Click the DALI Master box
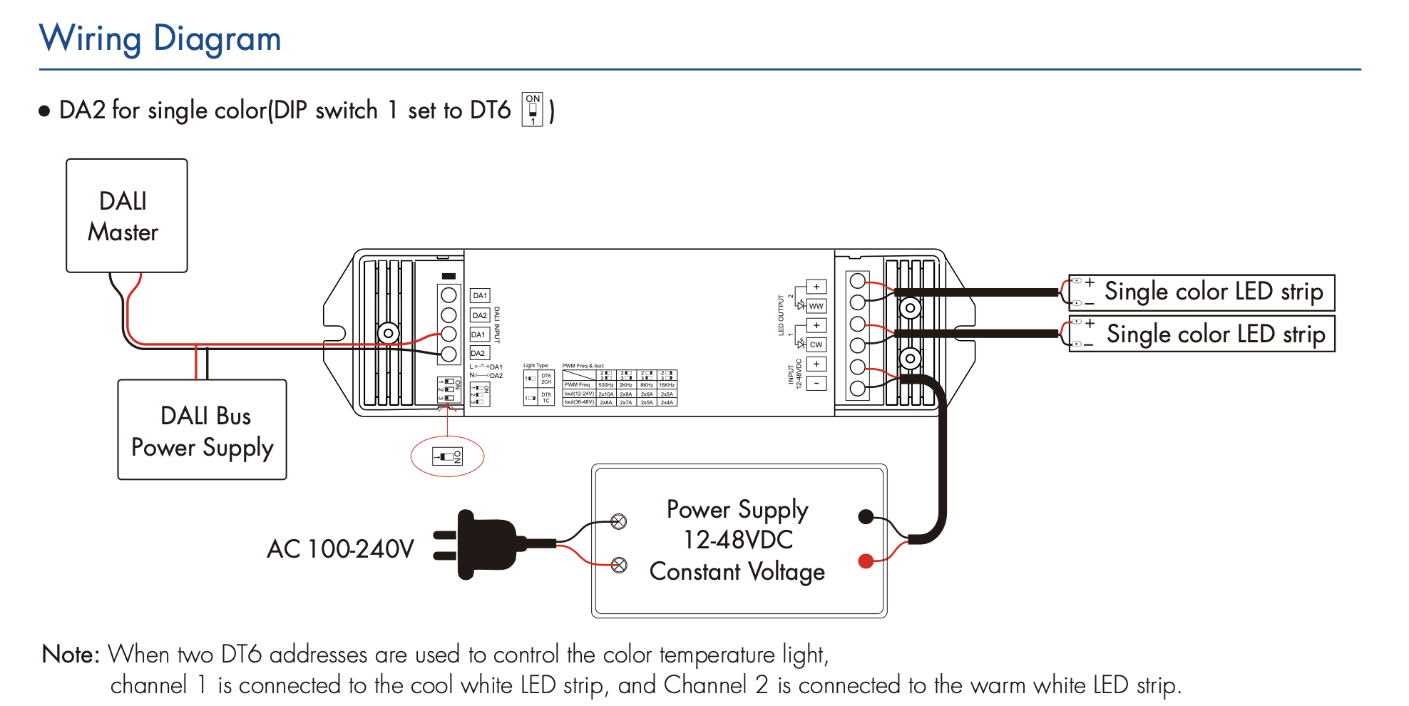pos(126,215)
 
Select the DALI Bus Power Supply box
pos(202,430)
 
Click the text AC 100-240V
pos(340,549)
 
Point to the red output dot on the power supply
pos(866,561)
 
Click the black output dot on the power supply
pos(866,516)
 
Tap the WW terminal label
pos(816,306)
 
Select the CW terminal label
pos(816,344)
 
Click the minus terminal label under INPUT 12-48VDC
pos(816,383)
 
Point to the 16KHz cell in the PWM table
pos(667,385)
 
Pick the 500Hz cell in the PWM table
pos(606,385)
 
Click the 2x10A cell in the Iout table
pos(606,394)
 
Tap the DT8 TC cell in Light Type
pos(546,398)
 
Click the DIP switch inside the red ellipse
pos(448,456)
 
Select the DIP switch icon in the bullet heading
pos(533,110)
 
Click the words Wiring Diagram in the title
pos(160,39)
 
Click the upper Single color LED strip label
pos(1213,292)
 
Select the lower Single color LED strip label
pos(1215,334)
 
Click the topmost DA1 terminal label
pos(480,295)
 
